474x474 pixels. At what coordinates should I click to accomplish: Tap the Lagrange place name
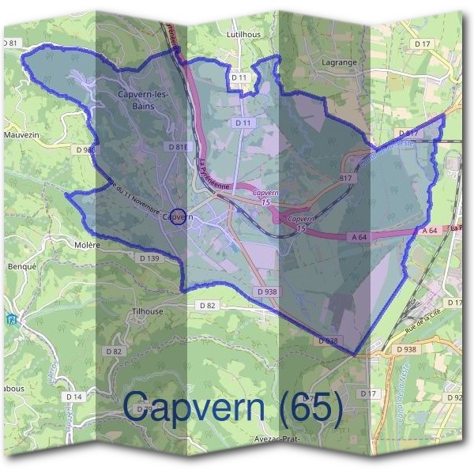[340, 62]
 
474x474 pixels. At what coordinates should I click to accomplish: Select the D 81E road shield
[177, 147]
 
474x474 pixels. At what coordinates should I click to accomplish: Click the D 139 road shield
[149, 258]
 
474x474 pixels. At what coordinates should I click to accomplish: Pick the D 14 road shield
[74, 396]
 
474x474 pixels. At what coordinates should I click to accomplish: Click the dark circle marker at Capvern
[179, 216]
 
